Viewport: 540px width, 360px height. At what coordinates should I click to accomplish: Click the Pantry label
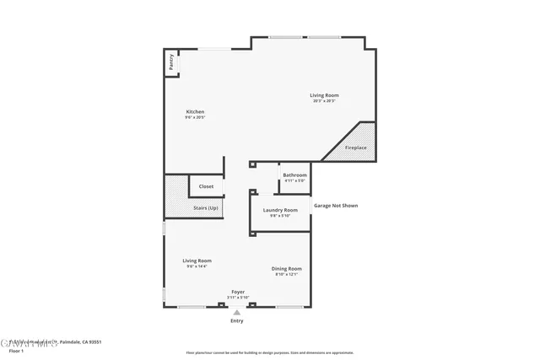171,62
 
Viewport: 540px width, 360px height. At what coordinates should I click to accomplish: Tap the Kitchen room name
195,111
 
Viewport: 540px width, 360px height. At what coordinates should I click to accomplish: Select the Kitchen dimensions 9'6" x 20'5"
195,117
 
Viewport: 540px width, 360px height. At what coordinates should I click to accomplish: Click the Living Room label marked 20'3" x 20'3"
324,95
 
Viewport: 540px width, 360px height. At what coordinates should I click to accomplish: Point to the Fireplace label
356,148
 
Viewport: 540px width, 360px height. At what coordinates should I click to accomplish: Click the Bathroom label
294,175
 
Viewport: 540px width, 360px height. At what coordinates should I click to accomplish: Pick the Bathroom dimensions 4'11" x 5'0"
294,180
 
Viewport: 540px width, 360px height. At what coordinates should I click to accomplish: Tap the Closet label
206,186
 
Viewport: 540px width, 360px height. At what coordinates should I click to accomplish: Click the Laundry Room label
280,209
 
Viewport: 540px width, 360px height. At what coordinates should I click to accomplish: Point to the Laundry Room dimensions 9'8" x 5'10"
280,216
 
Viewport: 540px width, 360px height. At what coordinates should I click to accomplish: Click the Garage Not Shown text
336,205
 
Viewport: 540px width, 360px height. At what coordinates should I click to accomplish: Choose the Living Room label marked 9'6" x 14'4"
197,261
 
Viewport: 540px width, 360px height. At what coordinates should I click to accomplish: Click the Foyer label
238,291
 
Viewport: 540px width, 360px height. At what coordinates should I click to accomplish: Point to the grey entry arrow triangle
236,311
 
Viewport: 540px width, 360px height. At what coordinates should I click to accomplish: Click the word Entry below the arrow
236,321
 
